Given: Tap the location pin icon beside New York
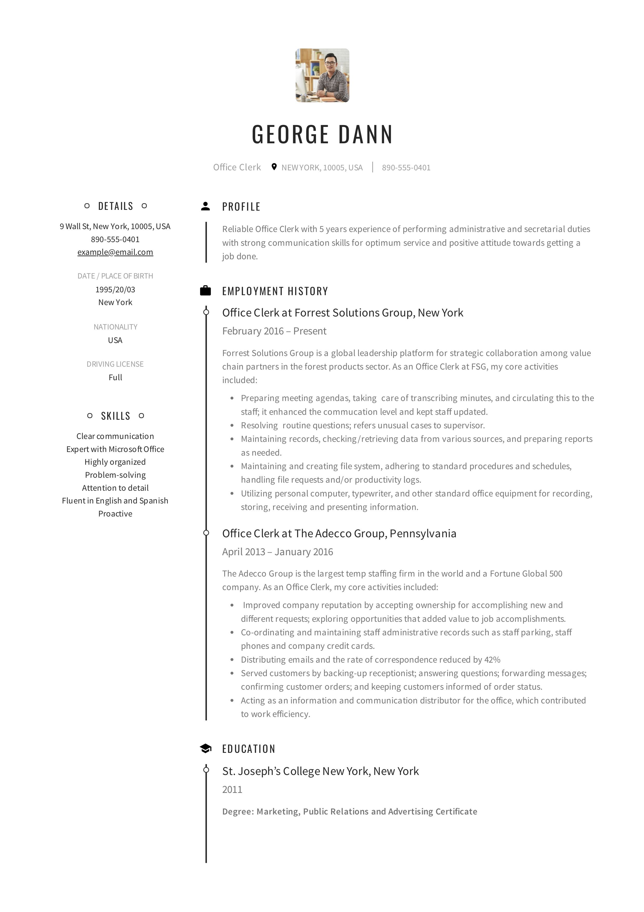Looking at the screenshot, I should [274, 167].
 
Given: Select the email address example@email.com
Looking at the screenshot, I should [115, 252].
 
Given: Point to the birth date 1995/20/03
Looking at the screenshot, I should [115, 290].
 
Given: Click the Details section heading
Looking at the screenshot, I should [116, 206].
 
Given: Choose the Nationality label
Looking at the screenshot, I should [115, 327].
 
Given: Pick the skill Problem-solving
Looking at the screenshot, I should [115, 475].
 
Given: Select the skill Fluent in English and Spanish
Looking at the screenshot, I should [115, 501].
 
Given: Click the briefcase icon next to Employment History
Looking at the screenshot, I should [205, 291].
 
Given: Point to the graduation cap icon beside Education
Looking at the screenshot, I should [205, 749].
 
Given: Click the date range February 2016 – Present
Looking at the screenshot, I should [274, 331].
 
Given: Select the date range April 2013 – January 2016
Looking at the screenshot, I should [278, 552].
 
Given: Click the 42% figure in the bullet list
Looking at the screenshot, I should [492, 660].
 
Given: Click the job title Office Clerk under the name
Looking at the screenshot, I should [237, 167].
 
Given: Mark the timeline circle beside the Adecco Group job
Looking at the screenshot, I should [206, 533].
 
